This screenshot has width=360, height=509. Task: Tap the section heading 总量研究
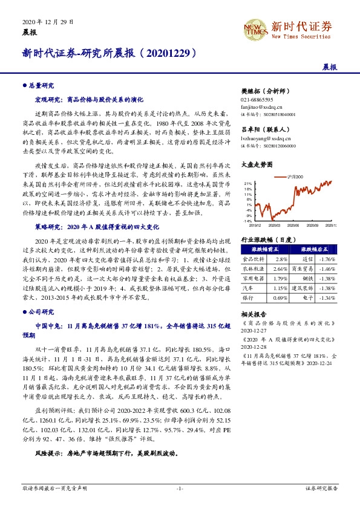(x=42, y=86)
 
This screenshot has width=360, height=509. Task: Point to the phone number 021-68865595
(x=257, y=99)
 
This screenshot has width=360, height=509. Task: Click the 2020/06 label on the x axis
(x=295, y=225)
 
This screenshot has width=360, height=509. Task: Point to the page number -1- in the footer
(x=180, y=487)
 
